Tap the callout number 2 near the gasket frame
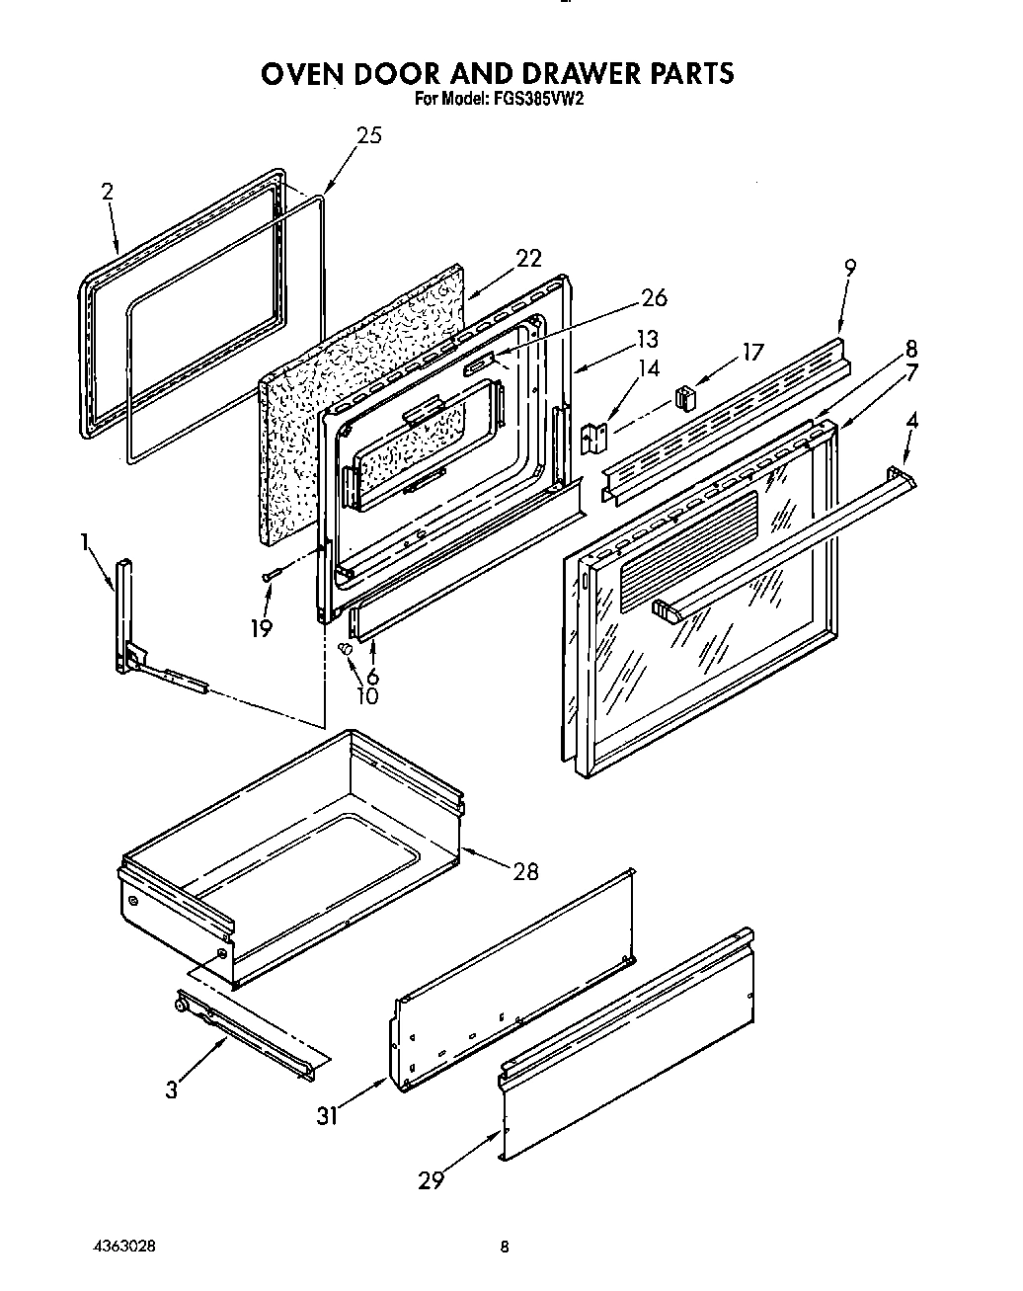tap(107, 193)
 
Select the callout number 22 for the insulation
tap(528, 258)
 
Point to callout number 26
tap(654, 296)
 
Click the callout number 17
tap(752, 351)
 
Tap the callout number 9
tap(850, 266)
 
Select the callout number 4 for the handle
tap(911, 420)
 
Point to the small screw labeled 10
tap(346, 647)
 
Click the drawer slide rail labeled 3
tap(247, 1032)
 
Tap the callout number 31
tap(327, 1115)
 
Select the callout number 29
tap(431, 1179)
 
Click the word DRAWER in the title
tap(557, 73)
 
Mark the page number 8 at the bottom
tap(505, 1248)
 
